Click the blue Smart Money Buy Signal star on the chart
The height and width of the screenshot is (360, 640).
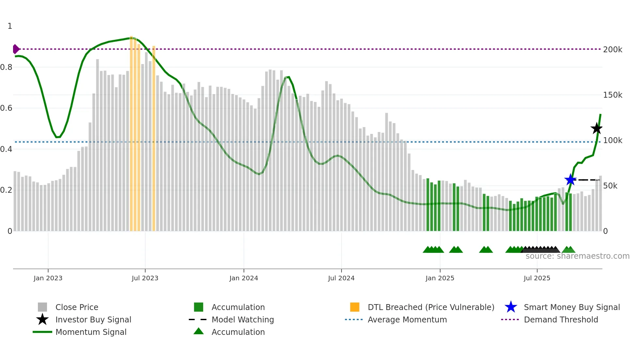(570, 180)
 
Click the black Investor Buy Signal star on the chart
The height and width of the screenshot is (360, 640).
(597, 128)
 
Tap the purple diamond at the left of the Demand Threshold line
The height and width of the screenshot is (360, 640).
(16, 49)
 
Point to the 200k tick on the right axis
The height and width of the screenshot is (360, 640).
(612, 50)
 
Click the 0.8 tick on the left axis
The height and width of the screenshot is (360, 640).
(6, 67)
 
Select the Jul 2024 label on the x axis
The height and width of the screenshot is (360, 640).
(341, 278)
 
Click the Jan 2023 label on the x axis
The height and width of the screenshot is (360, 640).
(48, 278)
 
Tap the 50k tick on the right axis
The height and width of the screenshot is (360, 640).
(610, 186)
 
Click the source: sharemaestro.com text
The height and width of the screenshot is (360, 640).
(577, 256)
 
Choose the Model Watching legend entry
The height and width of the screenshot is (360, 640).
(242, 319)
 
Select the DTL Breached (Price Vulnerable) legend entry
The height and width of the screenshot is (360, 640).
(431, 307)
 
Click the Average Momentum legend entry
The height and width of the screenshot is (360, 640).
(407, 319)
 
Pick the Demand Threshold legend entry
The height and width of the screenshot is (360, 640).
(561, 319)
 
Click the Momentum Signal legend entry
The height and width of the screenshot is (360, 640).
(91, 332)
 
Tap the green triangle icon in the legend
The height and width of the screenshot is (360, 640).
(199, 331)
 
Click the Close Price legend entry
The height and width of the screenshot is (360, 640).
(76, 307)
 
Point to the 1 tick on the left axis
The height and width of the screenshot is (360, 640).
(10, 26)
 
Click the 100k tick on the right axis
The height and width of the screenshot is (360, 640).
(612, 140)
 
